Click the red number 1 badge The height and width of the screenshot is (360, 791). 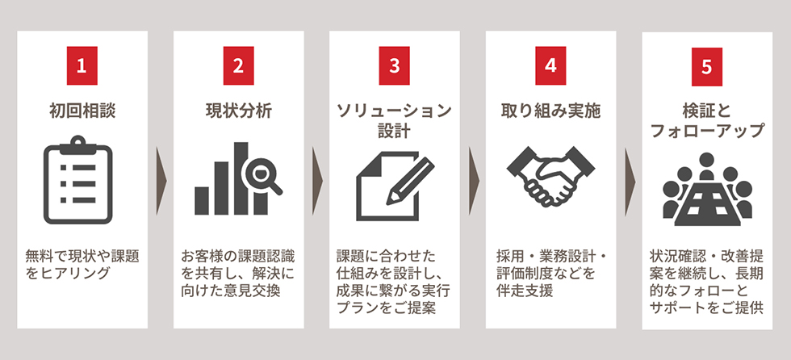[x=82, y=66]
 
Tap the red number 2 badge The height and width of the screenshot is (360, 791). [x=238, y=66]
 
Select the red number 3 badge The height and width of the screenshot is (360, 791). [x=394, y=66]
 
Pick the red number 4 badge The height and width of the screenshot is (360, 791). [x=550, y=66]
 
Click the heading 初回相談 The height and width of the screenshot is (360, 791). [x=82, y=111]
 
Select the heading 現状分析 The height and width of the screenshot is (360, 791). [x=238, y=111]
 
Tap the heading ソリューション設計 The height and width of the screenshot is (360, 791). [x=394, y=120]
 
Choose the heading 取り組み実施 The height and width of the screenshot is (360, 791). [x=550, y=111]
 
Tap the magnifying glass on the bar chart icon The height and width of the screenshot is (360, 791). [x=266, y=176]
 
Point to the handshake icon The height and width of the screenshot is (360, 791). [x=550, y=179]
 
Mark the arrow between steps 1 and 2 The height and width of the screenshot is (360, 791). [x=161, y=180]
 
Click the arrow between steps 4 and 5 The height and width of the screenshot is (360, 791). [x=630, y=180]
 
